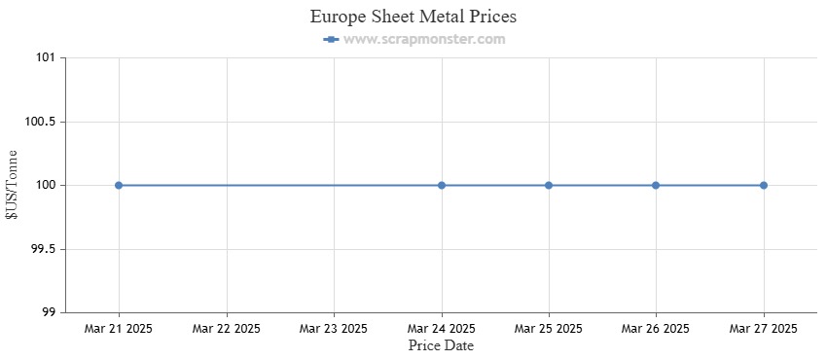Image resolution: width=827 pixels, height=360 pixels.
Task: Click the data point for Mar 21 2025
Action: [119, 185]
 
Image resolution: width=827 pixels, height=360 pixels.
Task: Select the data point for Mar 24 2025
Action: [442, 185]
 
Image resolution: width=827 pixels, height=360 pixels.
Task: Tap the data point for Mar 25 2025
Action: [549, 185]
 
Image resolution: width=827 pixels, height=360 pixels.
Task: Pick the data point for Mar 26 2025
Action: [656, 185]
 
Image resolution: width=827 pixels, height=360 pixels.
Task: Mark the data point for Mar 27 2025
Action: [764, 185]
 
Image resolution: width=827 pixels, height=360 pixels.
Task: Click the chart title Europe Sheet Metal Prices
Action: [413, 17]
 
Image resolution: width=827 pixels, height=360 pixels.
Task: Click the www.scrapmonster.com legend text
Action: [424, 40]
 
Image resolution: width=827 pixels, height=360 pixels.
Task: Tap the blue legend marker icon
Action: [331, 40]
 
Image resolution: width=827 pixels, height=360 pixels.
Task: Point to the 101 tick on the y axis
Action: [45, 58]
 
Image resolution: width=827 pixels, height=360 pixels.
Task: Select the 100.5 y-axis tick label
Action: [39, 122]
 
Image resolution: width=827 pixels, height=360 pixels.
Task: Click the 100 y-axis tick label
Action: [45, 186]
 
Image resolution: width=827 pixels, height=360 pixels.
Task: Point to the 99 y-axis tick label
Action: [48, 312]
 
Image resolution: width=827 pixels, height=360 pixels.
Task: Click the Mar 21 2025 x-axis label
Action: [119, 329]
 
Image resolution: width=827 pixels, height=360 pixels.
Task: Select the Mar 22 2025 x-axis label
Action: [227, 329]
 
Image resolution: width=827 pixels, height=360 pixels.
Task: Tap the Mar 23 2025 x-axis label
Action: [334, 329]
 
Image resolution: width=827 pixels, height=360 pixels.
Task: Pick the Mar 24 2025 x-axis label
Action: [442, 329]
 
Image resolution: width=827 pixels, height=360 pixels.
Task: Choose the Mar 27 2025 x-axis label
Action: [764, 329]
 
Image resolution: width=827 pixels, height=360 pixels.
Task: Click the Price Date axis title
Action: [441, 345]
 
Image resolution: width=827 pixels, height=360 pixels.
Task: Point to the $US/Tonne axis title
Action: [13, 185]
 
